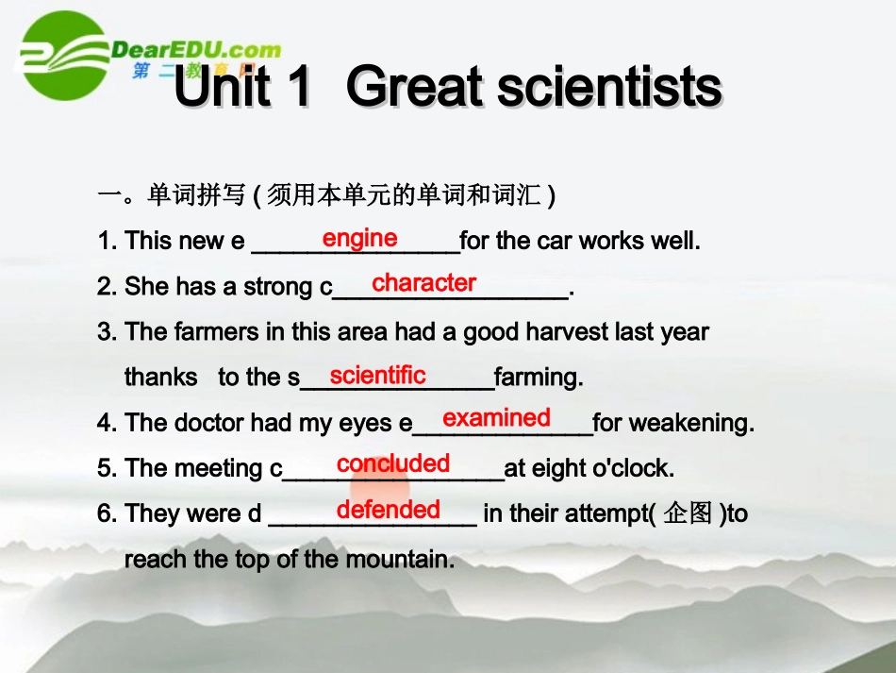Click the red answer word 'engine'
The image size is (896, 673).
point(359,238)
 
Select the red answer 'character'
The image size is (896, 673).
point(423,282)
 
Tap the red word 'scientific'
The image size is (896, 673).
point(377,375)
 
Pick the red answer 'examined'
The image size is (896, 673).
point(496,417)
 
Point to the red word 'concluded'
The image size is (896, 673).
point(393,463)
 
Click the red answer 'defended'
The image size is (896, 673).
point(389,510)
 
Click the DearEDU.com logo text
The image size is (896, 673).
point(196,49)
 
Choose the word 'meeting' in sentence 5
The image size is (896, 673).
point(224,469)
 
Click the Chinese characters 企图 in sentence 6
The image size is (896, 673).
point(689,514)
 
